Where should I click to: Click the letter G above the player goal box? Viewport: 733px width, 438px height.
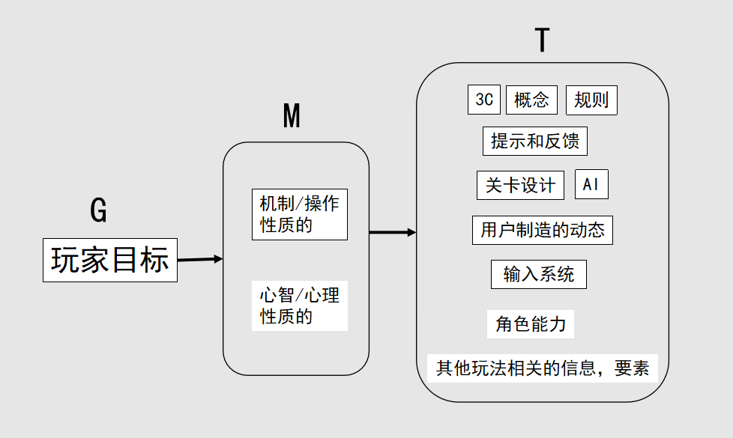click(99, 210)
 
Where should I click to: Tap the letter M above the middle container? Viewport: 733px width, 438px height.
click(292, 116)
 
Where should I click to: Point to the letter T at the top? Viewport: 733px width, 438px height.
click(543, 40)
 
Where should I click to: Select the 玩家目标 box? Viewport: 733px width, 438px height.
click(110, 260)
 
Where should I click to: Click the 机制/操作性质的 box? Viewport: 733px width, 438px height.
click(300, 214)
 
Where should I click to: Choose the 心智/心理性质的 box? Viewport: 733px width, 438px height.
click(300, 306)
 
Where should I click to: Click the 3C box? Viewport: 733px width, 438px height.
click(484, 100)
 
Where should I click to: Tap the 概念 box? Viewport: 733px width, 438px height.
click(531, 100)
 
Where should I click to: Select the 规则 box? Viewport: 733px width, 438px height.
click(591, 100)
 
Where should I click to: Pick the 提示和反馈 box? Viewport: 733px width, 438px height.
click(535, 141)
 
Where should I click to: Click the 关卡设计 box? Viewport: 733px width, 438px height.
click(520, 186)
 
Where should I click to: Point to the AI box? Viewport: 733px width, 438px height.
click(591, 184)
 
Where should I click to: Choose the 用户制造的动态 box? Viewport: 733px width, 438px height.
click(543, 230)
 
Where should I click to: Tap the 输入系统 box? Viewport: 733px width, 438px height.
click(539, 274)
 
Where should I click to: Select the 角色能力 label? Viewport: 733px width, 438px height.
click(531, 324)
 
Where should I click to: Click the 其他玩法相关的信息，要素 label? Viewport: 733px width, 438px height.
click(543, 368)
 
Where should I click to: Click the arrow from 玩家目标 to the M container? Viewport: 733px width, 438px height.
click(200, 259)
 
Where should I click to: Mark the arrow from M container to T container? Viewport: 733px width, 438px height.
click(393, 232)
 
